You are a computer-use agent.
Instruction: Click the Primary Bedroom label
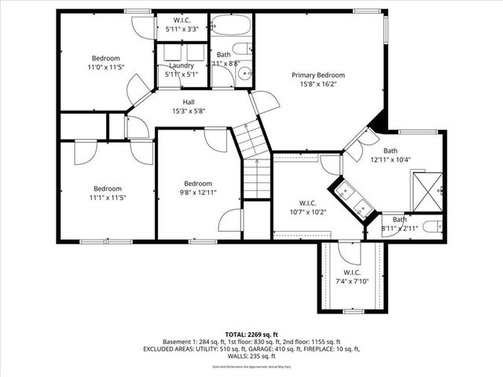coord(318,75)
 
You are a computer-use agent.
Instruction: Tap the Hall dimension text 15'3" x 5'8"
coord(189,112)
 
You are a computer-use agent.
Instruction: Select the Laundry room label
coord(182,65)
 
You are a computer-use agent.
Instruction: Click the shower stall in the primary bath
coord(429,188)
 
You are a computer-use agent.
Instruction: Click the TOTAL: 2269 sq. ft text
coord(251,334)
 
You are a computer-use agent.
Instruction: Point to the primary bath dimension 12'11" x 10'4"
coord(391,159)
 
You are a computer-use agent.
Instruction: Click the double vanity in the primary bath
coord(354,200)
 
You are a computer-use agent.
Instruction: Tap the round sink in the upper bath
coord(243,75)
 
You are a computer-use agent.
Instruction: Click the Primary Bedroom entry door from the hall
coord(263,102)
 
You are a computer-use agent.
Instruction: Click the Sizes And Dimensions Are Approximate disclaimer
coord(251,366)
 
